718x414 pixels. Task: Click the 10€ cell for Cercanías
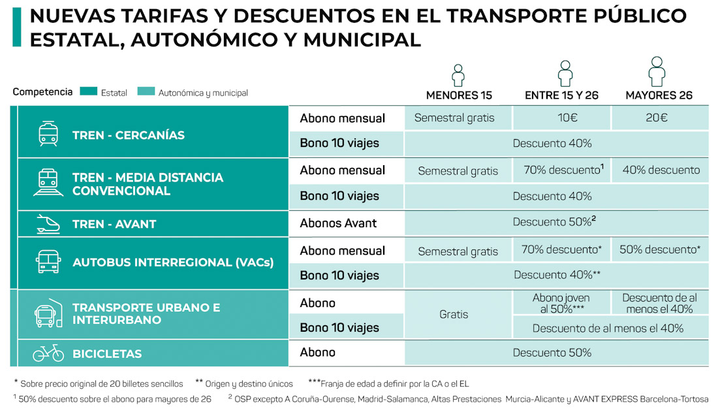(561, 118)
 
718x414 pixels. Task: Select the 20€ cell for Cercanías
(659, 118)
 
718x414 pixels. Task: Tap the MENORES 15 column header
(459, 95)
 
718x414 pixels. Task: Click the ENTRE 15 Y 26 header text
(561, 95)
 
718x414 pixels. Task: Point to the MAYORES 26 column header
(659, 95)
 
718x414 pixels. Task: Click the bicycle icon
(48, 353)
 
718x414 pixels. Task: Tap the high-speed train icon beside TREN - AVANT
(48, 224)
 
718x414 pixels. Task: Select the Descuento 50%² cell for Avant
(555, 222)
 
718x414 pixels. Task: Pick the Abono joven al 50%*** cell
(561, 303)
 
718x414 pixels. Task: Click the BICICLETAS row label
(107, 354)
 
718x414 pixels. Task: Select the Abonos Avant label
(338, 223)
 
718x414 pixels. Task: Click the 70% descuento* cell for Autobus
(561, 249)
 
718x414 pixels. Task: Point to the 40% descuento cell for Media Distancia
(661, 170)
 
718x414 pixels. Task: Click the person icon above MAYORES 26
(657, 71)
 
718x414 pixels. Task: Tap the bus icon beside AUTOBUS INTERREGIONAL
(48, 263)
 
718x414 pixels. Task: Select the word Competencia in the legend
(42, 92)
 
